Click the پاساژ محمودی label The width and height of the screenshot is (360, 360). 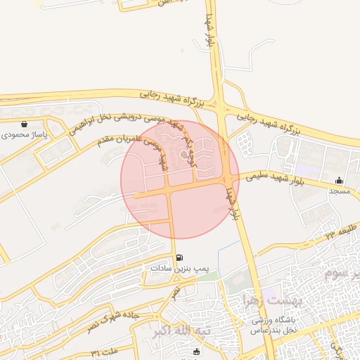(x=24, y=134)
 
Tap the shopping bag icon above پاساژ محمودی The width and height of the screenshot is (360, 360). (x=25, y=124)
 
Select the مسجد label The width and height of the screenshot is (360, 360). (x=340, y=191)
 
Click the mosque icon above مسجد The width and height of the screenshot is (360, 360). (x=340, y=180)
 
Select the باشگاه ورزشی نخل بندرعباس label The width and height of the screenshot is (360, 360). (x=275, y=324)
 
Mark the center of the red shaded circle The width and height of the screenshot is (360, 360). (x=180, y=179)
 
